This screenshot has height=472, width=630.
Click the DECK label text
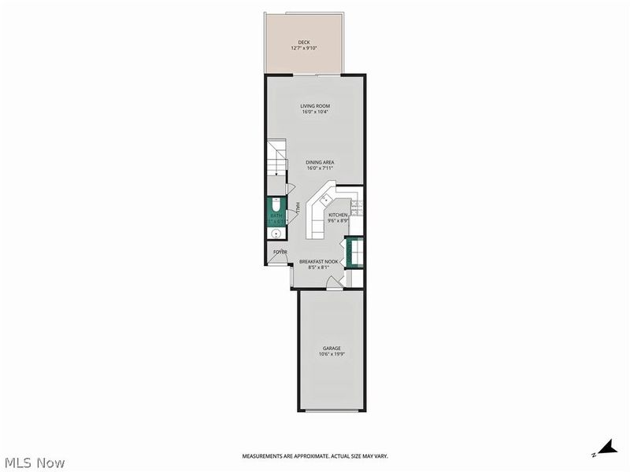tap(303, 42)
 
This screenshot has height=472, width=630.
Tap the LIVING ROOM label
tap(314, 105)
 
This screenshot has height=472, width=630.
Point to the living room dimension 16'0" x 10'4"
tap(314, 112)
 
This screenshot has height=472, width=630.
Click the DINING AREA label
tap(320, 163)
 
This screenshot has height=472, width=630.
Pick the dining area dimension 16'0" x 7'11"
tap(320, 169)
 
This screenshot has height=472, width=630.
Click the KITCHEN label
tap(338, 215)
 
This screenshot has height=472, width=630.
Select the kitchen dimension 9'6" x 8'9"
tap(338, 221)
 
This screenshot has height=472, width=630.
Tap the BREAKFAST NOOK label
tap(319, 261)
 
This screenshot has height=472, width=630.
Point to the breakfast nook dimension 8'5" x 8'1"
tap(319, 267)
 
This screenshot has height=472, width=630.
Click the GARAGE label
tap(331, 348)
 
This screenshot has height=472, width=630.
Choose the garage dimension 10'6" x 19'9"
tap(331, 354)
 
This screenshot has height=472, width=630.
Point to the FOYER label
tap(280, 253)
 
